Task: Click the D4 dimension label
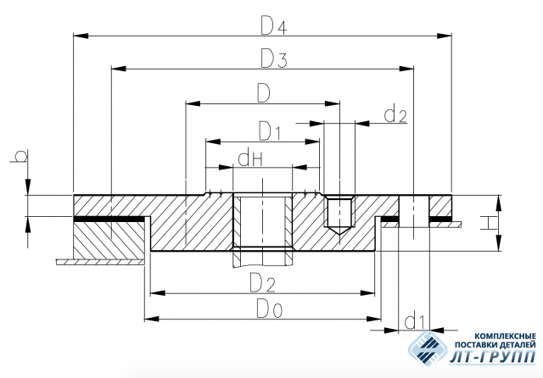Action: [x=273, y=26]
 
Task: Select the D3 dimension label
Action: [x=273, y=58]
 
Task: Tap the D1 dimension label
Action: [x=269, y=131]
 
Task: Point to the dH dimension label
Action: [x=251, y=159]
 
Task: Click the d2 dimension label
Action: [x=395, y=114]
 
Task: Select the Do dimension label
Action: [x=270, y=309]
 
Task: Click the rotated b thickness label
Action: [x=20, y=156]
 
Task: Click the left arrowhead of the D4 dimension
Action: [x=81, y=36]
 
